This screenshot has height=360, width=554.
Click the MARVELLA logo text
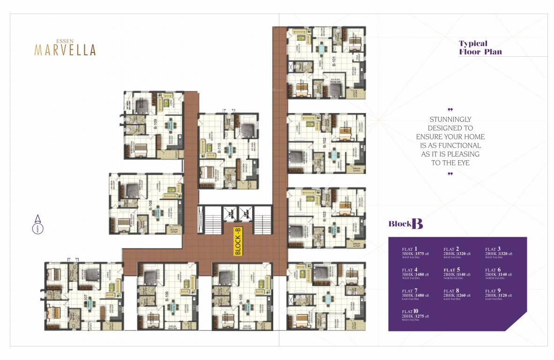(x=65, y=50)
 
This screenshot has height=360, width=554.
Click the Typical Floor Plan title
(x=480, y=47)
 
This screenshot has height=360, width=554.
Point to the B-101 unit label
(x=334, y=62)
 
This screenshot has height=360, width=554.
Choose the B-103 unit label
(x=324, y=216)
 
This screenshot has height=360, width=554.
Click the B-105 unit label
(x=240, y=296)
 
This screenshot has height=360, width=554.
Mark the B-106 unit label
(x=166, y=296)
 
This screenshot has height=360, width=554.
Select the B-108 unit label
(x=150, y=206)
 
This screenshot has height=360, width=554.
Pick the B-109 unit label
(x=155, y=124)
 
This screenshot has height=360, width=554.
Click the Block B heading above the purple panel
(x=405, y=224)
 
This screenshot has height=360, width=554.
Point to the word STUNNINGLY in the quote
(x=450, y=120)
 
